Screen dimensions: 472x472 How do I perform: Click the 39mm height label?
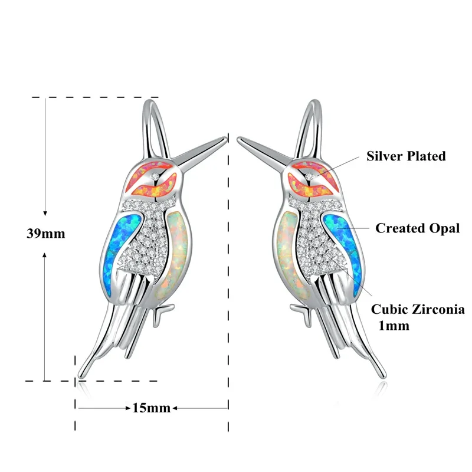pos(45,233)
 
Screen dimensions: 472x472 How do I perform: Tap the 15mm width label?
pos(151,408)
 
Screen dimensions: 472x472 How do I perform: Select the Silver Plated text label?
pos(406,156)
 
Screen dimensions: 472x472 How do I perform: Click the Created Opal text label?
pos(417,228)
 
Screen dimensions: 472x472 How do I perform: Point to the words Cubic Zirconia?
pos(417,309)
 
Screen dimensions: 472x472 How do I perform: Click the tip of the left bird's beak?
pos(226,139)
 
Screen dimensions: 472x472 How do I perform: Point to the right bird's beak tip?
pos(238,139)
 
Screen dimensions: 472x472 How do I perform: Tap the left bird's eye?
pos(155,177)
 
